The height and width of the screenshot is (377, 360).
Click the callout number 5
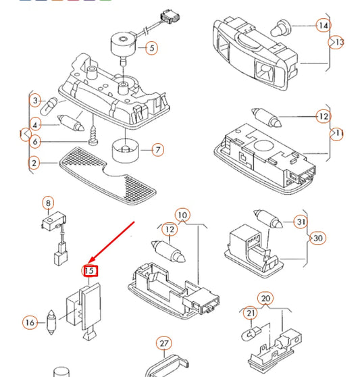tap(152, 48)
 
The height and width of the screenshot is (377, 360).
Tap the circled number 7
tap(158, 150)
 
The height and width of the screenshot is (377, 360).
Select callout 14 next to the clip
tap(324, 25)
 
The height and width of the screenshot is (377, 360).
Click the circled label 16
tap(30, 322)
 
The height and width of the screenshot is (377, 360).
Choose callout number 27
tap(164, 343)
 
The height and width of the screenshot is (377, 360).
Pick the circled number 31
tap(301, 222)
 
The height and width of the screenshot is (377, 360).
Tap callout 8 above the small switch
tap(49, 203)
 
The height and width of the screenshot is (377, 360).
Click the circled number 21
tap(251, 313)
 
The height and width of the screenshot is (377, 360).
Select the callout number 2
tap(34, 163)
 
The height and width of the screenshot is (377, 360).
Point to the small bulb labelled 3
tap(49, 105)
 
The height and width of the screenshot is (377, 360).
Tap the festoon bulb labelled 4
tap(71, 122)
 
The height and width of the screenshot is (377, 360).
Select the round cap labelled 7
tap(126, 151)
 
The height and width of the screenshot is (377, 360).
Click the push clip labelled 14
tap(281, 28)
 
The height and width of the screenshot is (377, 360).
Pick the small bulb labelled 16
tap(52, 322)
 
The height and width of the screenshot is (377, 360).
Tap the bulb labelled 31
tap(268, 219)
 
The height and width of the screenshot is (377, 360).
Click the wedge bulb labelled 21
tap(251, 334)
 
